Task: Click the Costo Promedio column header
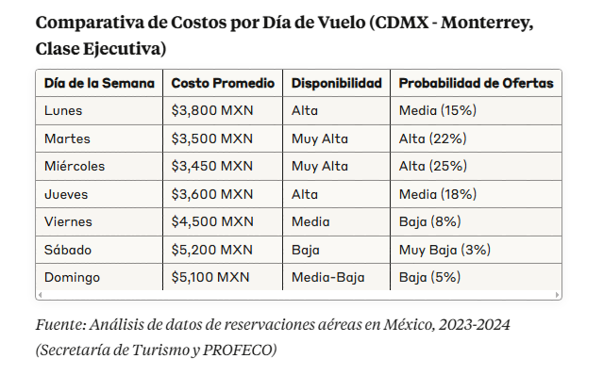[223, 83]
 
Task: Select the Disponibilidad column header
[337, 83]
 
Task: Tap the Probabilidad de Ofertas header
[477, 83]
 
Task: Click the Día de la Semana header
[99, 83]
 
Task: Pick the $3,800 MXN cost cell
[212, 110]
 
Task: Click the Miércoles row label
[75, 166]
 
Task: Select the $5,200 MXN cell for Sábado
[212, 250]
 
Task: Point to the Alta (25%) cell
[433, 166]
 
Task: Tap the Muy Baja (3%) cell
[445, 250]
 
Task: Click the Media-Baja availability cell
[328, 278]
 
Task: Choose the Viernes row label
[68, 221]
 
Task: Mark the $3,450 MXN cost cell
[212, 166]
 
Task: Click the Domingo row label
[72, 278]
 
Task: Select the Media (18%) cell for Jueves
[438, 194]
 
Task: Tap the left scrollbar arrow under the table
[40, 295]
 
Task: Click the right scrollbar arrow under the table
[557, 295]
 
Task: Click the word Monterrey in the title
[487, 23]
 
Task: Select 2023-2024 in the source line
[474, 325]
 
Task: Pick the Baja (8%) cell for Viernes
[430, 221]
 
